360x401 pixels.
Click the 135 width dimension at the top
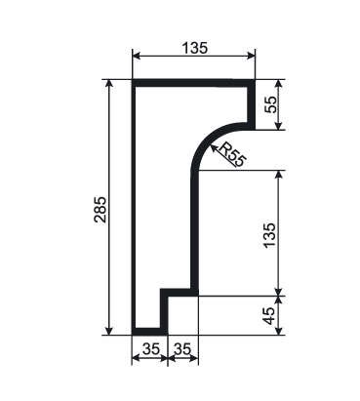[x=194, y=49]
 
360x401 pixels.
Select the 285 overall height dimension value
[x=100, y=209]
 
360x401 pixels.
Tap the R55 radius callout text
[x=232, y=154]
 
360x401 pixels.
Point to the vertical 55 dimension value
[x=271, y=104]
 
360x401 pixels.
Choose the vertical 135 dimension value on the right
[x=269, y=236]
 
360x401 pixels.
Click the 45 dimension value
[x=269, y=315]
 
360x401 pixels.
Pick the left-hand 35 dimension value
[x=151, y=349]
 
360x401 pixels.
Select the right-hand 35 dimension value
[x=182, y=349]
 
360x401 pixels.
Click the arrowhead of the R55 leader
[x=213, y=147]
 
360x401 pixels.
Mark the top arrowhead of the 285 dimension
[x=109, y=84]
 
